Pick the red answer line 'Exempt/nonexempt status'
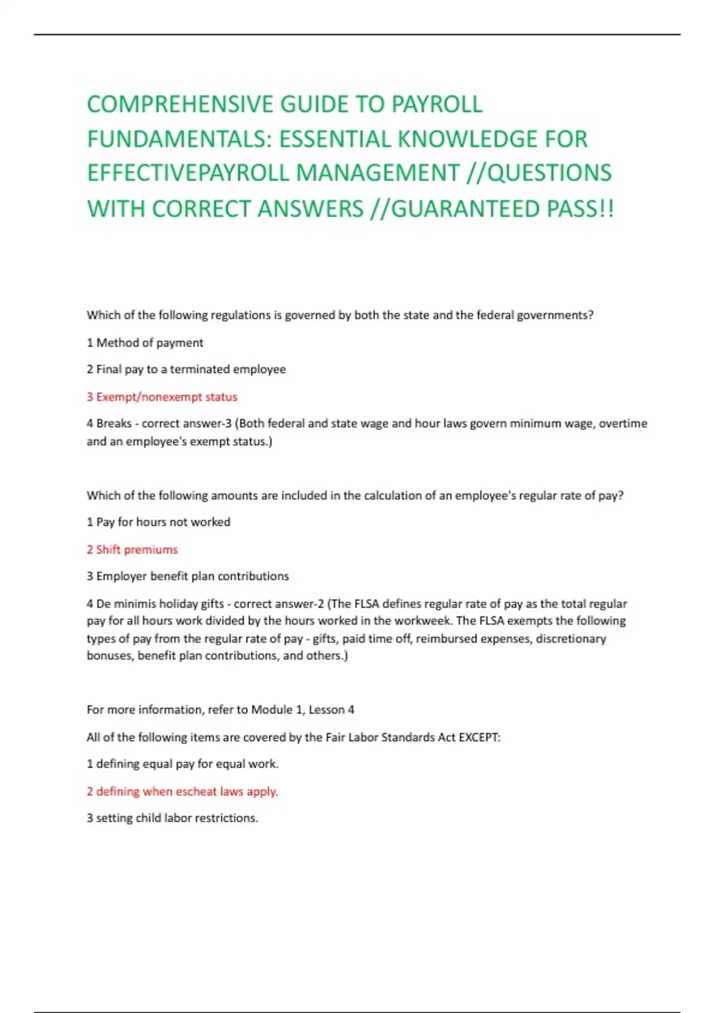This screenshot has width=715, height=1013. coord(162,397)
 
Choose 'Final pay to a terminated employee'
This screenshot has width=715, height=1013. coord(186,369)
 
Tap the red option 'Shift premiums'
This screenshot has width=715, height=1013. coord(132,549)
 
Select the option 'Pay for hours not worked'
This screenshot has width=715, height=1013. coord(158,522)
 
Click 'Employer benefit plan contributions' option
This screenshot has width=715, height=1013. coord(188,576)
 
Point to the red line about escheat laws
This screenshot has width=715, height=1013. coord(182,791)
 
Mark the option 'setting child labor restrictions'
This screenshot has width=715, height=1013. coord(172,818)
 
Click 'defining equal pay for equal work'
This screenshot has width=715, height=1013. coord(182,764)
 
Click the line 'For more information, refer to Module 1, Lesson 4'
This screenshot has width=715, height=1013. coord(220,710)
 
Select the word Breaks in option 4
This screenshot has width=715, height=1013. coord(114,424)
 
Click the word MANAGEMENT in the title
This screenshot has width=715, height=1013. coord(378,173)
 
